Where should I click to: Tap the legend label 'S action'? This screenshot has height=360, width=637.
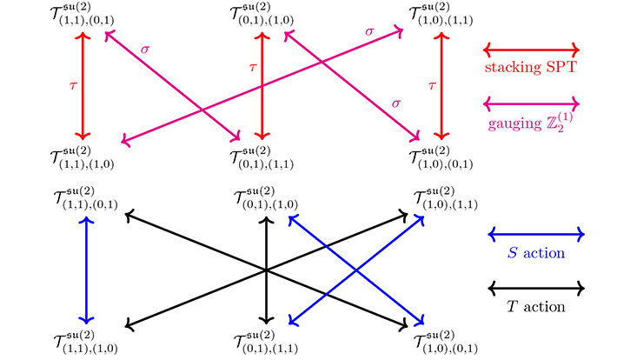click(534, 253)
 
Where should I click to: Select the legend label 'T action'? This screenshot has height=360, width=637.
click(534, 306)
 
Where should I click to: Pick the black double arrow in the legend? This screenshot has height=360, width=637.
click(534, 288)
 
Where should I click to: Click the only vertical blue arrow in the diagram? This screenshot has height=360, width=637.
click(84, 270)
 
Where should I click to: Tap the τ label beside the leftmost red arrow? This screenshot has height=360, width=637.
click(73, 85)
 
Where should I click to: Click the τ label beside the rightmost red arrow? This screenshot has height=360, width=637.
click(433, 85)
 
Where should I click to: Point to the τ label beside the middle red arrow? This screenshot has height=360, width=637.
click(253, 67)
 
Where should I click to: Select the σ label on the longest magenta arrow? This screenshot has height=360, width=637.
click(370, 31)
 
